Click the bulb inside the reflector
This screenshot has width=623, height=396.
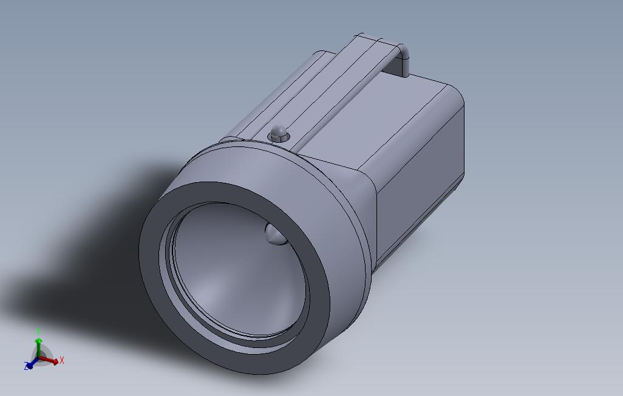[x=275, y=234]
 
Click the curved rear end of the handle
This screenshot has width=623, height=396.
[x=403, y=58]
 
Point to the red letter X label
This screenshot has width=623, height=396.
[x=62, y=361]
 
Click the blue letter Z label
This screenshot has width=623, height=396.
[x=26, y=366]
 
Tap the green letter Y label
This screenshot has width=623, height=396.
[x=38, y=331]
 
